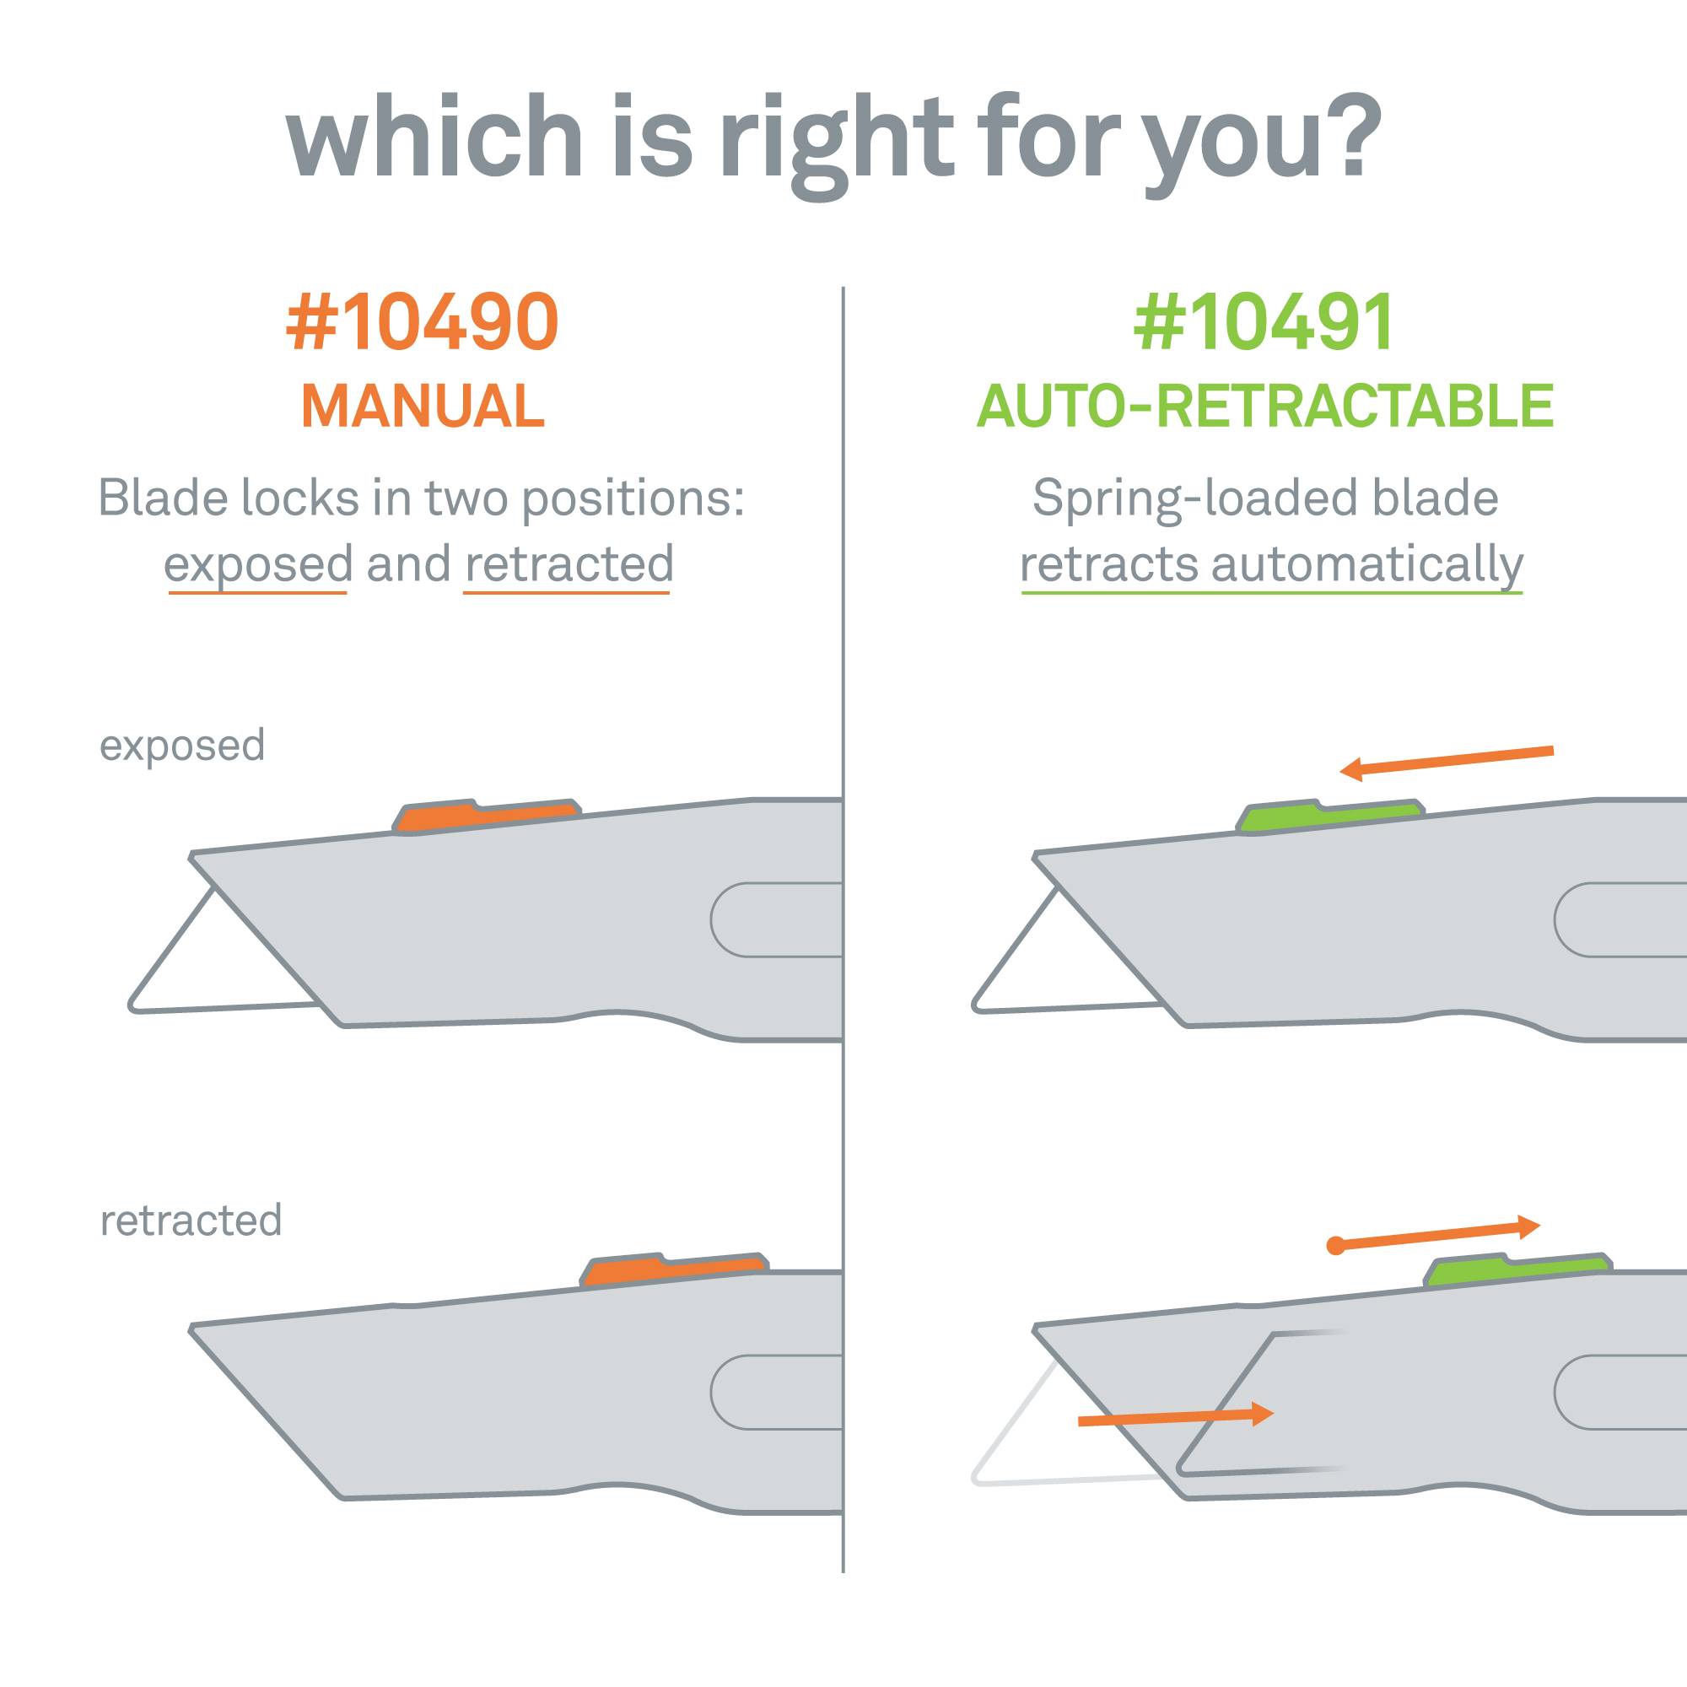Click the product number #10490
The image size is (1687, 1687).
click(423, 322)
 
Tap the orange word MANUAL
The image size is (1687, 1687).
click(423, 406)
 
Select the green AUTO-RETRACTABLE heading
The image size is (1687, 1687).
click(1264, 406)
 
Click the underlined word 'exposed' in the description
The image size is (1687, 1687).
click(258, 565)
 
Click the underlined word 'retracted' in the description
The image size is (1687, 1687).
click(569, 565)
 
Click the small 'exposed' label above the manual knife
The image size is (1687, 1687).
click(181, 746)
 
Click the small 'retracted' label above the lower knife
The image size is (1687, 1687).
click(191, 1221)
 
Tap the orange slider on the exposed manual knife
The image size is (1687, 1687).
click(486, 816)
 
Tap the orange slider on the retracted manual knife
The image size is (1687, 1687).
click(674, 1270)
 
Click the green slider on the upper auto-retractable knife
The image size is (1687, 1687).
click(1329, 816)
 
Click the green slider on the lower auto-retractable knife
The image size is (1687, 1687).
click(1517, 1270)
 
